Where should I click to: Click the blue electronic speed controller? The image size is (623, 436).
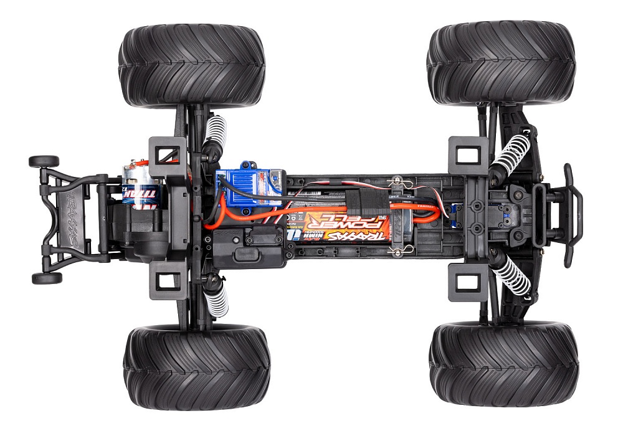(249, 187)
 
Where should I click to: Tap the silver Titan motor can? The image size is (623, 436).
(142, 184)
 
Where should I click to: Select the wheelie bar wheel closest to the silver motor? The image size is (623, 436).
(44, 161)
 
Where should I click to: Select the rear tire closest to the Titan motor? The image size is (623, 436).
(191, 65)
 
